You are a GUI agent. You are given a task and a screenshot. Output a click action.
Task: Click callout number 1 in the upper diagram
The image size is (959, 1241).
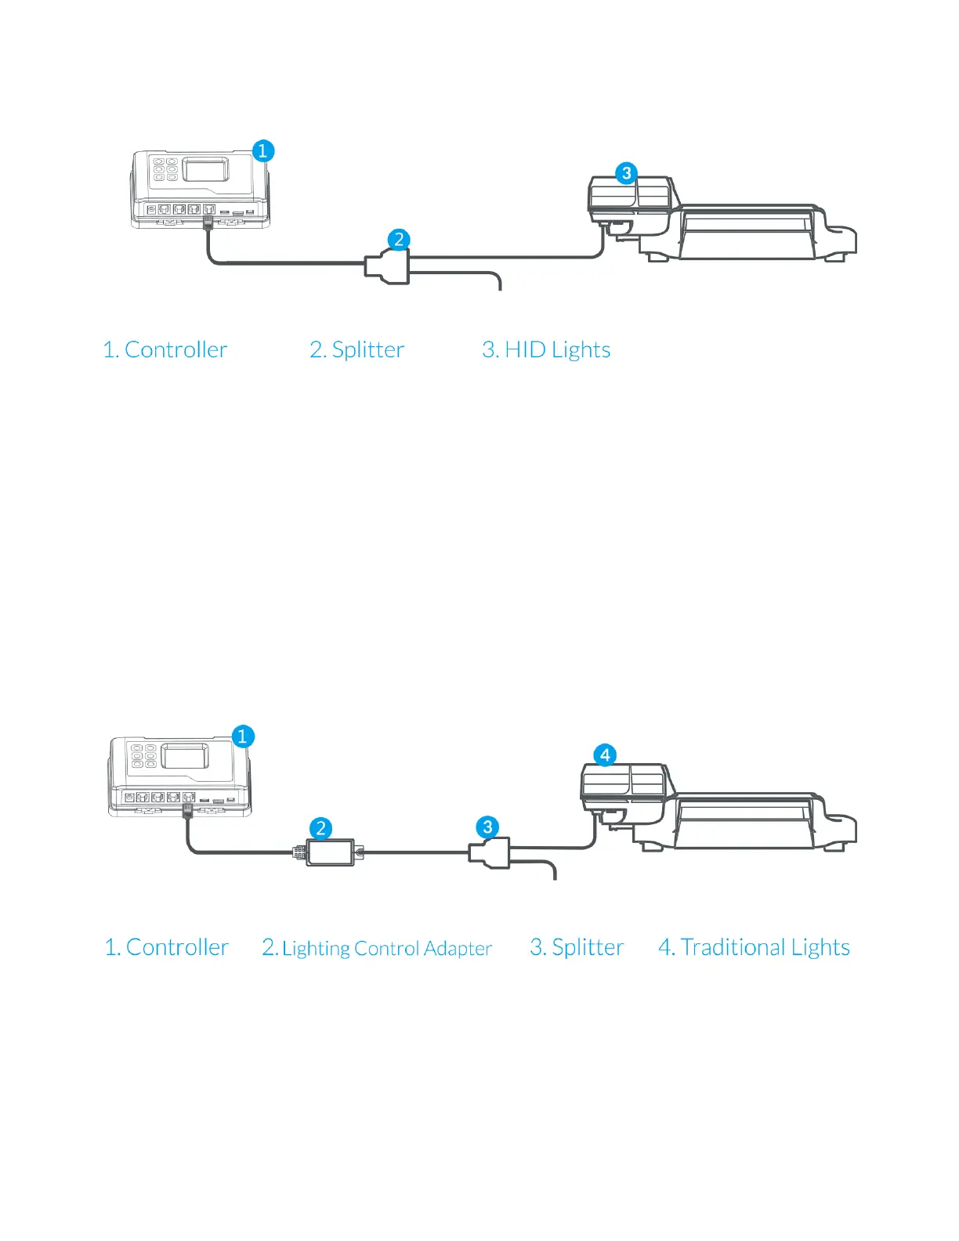click(262, 150)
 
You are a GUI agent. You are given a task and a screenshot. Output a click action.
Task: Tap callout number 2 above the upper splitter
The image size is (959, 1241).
click(399, 239)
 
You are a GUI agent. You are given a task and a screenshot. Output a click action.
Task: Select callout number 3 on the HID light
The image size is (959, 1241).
click(626, 173)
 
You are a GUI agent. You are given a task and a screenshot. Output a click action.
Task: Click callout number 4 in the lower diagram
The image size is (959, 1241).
click(605, 755)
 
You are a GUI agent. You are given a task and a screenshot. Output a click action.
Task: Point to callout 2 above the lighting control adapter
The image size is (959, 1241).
click(320, 828)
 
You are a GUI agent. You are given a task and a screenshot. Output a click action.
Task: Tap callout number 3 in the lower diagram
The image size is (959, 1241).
click(487, 827)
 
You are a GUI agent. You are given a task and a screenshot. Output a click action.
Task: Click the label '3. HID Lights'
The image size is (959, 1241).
click(546, 349)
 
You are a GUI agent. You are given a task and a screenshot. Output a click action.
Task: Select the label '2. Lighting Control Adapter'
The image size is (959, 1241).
click(377, 948)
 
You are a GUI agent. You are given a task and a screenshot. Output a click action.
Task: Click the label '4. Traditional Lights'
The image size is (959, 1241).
click(754, 947)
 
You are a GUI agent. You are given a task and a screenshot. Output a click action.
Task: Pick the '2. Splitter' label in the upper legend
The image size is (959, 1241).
click(357, 349)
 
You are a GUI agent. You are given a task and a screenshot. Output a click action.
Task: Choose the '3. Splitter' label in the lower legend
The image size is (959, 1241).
click(577, 947)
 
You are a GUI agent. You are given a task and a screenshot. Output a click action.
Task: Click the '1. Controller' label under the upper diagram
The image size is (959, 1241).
click(165, 349)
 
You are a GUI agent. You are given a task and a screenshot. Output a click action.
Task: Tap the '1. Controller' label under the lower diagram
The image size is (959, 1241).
click(167, 947)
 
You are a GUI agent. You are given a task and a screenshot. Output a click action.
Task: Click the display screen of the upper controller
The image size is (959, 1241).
click(206, 169)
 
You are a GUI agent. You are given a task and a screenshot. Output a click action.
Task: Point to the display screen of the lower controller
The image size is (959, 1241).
click(184, 756)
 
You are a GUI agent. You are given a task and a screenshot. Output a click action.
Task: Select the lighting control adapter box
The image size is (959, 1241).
click(330, 852)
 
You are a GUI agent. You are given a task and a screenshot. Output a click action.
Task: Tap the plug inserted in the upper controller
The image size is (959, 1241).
click(208, 222)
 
